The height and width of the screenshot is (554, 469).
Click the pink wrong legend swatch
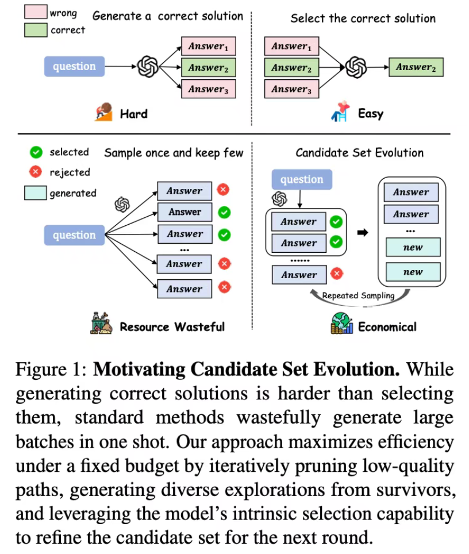point(36,11)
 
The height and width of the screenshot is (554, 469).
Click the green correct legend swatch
point(36,30)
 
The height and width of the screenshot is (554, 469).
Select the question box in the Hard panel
point(74,67)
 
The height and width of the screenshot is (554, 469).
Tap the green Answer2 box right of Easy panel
point(416,67)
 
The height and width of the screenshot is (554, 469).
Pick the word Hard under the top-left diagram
point(133,114)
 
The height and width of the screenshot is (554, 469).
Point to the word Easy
point(370,114)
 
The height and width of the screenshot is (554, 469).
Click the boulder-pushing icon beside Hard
point(103,112)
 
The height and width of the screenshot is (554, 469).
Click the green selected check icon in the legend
point(36,152)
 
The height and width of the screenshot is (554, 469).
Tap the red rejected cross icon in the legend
point(35,172)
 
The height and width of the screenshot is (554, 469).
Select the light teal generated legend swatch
point(35,193)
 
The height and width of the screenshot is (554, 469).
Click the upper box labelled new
point(413,247)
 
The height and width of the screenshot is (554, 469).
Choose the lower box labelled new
point(413,272)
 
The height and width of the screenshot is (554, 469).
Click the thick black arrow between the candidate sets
point(363,233)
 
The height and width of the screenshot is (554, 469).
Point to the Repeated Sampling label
point(358,296)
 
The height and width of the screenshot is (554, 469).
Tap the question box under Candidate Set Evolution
point(302,179)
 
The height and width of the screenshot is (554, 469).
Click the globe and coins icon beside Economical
point(342,324)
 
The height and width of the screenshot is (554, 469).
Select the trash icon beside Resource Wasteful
point(101,324)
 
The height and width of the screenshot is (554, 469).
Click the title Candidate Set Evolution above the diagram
point(359,153)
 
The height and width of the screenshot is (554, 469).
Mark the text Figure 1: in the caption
point(51,370)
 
